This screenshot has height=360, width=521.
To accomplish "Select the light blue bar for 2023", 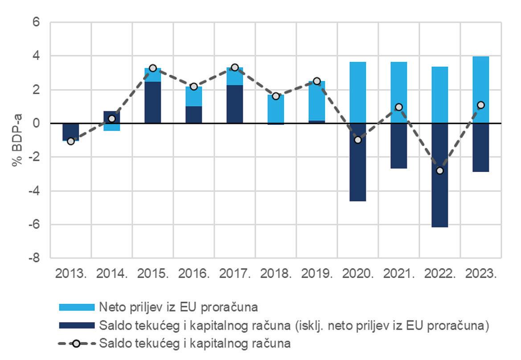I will tap(480, 90).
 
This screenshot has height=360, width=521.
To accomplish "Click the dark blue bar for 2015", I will tap(153, 102).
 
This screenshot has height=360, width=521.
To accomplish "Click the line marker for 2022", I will tap(440, 171).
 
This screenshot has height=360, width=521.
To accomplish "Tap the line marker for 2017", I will tap(235, 67).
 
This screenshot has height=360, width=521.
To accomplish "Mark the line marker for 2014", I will tap(112, 119).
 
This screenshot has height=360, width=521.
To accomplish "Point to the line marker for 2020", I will tap(357, 140).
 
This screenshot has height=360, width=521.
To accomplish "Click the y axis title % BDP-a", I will tap(17, 140).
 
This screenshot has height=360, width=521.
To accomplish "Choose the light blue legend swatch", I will tap(77, 307).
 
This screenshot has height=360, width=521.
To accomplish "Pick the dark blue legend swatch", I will tap(77, 325).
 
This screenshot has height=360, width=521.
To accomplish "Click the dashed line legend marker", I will tap(77, 344).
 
